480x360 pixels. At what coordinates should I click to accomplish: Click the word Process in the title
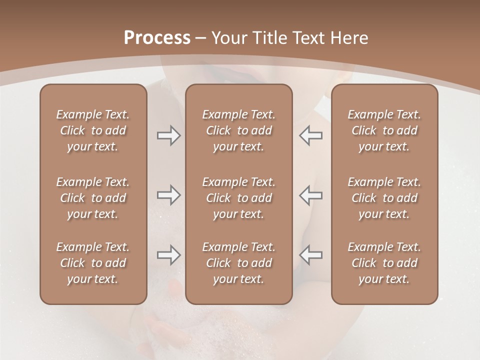[157, 38]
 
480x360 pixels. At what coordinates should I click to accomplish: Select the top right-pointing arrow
[168, 135]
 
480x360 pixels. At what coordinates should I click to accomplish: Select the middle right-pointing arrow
[168, 195]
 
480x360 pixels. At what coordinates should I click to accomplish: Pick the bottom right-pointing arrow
[168, 255]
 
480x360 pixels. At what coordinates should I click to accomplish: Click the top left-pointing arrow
[311, 135]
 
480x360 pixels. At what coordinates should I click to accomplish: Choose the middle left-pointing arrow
[311, 195]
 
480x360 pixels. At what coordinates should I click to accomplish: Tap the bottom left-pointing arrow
[311, 255]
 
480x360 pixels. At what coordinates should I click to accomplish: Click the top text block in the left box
[93, 130]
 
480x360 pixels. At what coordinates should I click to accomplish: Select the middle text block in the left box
[93, 198]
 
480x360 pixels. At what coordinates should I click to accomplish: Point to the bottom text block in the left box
[93, 263]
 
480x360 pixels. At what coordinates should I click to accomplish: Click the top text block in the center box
[238, 130]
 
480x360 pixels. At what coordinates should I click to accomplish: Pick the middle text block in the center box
[238, 198]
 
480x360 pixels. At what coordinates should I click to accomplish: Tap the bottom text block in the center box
[238, 263]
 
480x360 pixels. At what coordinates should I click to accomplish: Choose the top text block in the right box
[384, 130]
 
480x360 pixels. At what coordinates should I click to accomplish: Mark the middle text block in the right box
[384, 198]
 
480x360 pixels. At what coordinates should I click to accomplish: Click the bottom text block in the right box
[384, 263]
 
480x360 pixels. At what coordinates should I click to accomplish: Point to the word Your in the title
[229, 38]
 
